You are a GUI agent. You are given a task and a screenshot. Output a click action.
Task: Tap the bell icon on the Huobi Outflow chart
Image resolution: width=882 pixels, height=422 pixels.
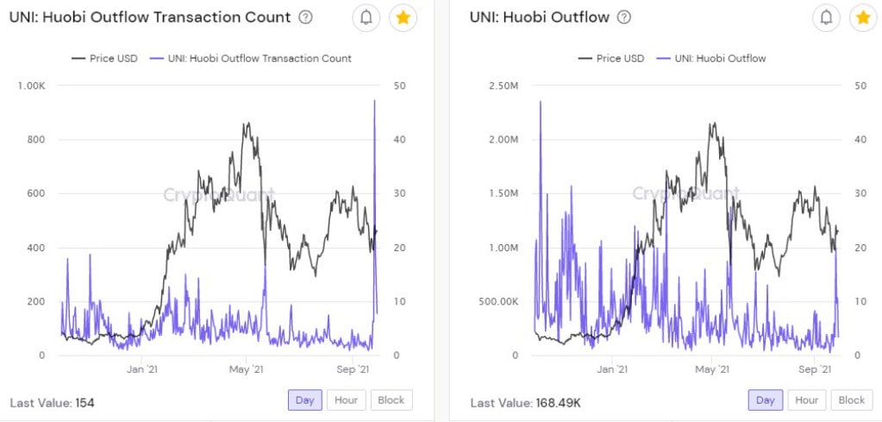(x=827, y=17)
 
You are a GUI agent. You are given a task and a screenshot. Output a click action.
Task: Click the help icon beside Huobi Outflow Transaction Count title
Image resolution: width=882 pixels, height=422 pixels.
(x=305, y=17)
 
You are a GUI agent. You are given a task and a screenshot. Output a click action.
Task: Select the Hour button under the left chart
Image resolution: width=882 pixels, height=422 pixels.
(x=347, y=400)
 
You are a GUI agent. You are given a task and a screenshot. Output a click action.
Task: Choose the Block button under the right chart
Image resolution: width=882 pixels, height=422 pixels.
(x=851, y=400)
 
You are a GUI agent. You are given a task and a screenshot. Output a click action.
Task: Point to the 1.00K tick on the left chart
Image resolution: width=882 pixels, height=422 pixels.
(x=30, y=85)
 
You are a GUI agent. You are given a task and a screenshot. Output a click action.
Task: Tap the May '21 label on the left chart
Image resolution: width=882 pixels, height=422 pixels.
(x=247, y=370)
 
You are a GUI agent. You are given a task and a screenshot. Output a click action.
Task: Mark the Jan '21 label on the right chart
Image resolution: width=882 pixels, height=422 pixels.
(x=611, y=370)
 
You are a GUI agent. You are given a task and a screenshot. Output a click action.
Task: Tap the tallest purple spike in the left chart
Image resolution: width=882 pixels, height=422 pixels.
(x=374, y=101)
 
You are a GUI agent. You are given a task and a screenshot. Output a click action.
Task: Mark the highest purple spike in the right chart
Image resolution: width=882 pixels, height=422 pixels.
(x=541, y=103)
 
